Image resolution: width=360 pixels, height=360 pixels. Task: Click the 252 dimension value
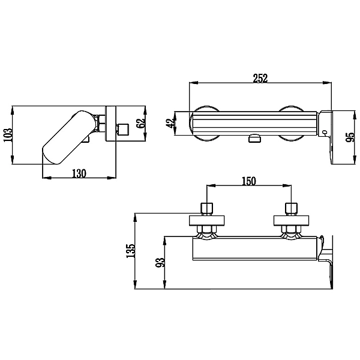point(260,79)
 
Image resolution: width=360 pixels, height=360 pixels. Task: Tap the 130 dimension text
point(79,173)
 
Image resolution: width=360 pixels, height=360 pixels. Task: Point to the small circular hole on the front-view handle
point(323,132)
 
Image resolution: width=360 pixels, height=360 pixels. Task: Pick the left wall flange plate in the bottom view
point(207,220)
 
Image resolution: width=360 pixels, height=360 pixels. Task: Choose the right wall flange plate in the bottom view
point(291,220)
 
